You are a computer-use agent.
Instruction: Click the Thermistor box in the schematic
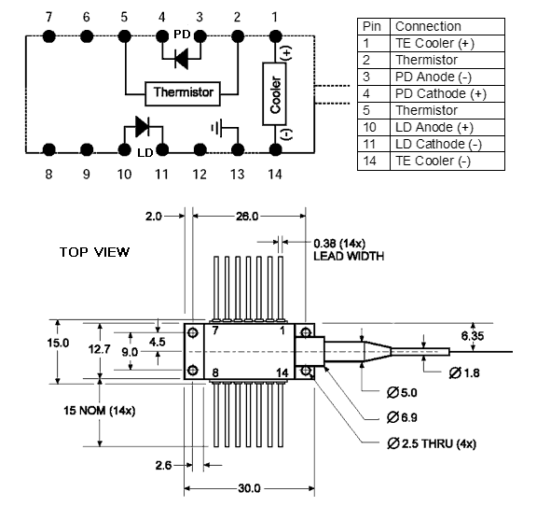click(x=183, y=93)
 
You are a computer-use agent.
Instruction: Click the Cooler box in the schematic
click(x=274, y=93)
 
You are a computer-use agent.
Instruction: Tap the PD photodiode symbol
click(x=182, y=59)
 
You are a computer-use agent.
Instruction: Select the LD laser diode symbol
click(x=142, y=127)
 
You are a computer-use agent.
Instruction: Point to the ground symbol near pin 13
click(x=217, y=128)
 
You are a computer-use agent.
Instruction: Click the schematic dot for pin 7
click(x=49, y=36)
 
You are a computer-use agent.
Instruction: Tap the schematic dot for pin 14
click(x=275, y=150)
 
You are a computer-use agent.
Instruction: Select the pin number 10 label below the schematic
click(x=124, y=175)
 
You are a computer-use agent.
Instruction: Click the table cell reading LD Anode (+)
click(x=434, y=127)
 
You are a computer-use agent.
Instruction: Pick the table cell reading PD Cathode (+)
click(x=441, y=93)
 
